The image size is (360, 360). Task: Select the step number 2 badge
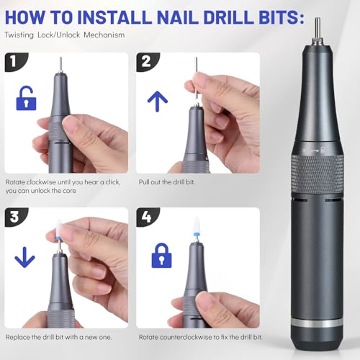pos(146,63)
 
